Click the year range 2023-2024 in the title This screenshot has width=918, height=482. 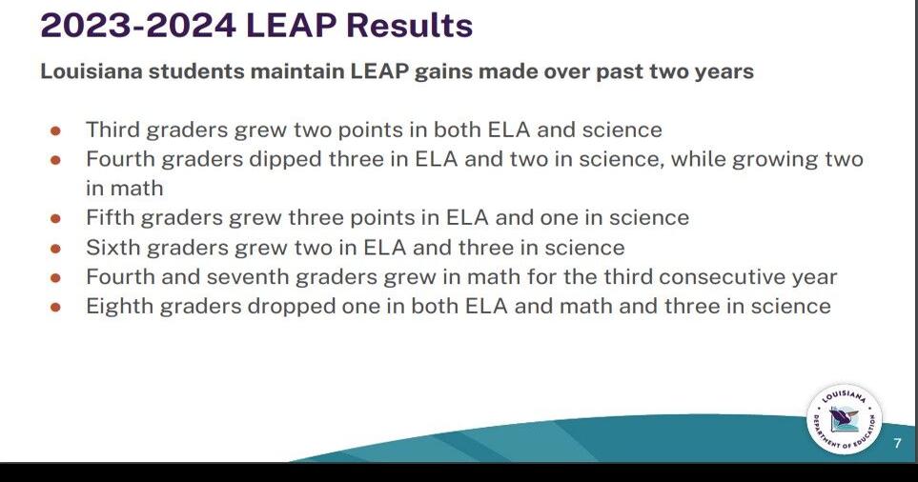pos(138,26)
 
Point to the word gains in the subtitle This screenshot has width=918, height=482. pos(452,71)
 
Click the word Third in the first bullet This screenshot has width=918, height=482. pos(111,130)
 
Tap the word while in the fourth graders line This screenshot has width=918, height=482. pos(704,159)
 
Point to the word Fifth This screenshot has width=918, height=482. pos(109,218)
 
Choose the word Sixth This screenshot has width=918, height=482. pos(111,248)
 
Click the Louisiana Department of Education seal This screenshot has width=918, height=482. pos(844,420)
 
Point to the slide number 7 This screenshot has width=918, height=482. pos(897,444)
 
